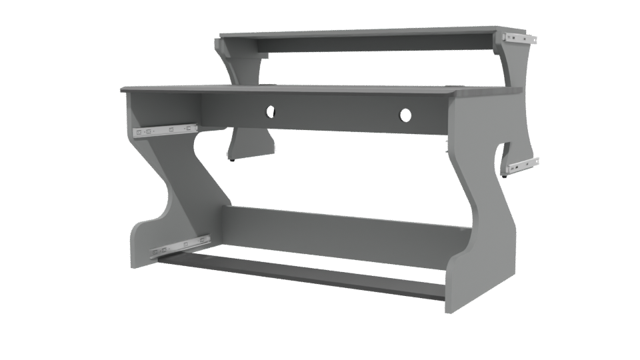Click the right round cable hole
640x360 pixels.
pos(405,116)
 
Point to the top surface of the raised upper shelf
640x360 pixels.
pos(360,31)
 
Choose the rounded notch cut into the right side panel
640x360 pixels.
pos(501,155)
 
